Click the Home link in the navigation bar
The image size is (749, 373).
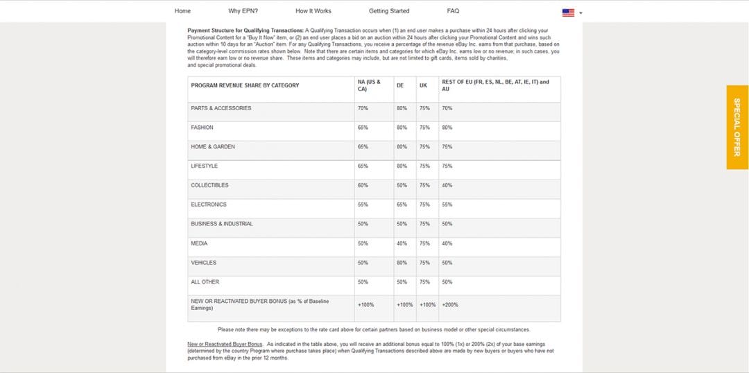182,11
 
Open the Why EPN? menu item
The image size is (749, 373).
243,11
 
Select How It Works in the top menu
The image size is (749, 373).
313,11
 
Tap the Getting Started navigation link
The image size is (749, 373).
389,11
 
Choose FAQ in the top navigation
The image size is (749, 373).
453,11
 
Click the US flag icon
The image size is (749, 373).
568,12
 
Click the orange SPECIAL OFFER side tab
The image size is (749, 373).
737,127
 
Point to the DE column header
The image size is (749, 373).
400,85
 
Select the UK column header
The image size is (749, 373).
423,85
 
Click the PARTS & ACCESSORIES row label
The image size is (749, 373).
221,108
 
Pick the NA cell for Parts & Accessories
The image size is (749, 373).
363,108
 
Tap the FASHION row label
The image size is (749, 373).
203,128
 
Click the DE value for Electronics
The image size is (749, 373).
402,205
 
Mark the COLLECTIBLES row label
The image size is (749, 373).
209,185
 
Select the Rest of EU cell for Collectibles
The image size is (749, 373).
447,185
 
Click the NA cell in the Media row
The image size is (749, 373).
363,243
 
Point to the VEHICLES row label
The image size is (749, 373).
204,263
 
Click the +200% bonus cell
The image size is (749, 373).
450,304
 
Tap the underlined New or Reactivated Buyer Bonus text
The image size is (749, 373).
225,344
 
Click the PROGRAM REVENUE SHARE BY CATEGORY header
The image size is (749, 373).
245,85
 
